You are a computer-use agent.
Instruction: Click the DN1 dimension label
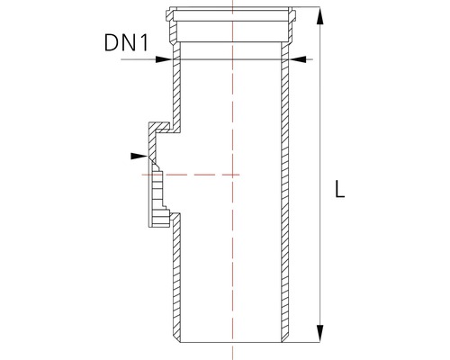(126, 43)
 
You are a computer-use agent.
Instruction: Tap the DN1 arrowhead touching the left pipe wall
(166, 58)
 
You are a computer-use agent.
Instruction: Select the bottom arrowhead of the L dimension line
(319, 338)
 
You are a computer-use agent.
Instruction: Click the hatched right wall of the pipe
(285, 198)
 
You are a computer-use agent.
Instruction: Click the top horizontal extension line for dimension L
(306, 8)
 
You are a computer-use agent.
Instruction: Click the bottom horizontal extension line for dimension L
(306, 344)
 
